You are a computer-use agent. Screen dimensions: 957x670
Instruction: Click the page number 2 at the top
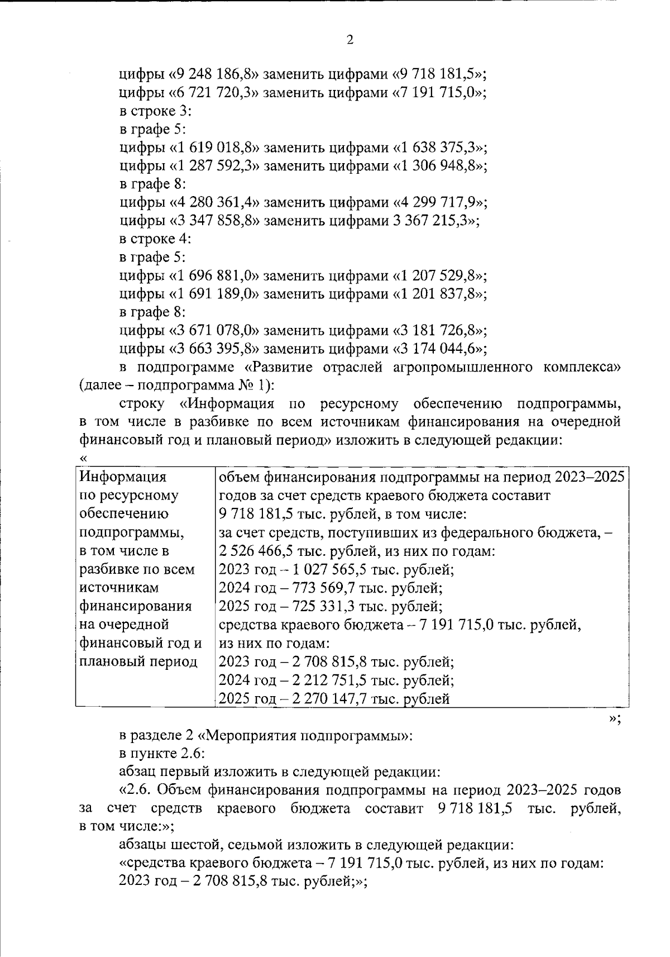click(x=350, y=40)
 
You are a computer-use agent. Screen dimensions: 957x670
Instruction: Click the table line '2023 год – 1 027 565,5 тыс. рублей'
click(x=336, y=570)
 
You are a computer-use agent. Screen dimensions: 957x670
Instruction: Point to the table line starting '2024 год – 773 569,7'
click(x=331, y=588)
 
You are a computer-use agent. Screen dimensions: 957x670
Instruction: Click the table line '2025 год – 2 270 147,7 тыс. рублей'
click(x=334, y=698)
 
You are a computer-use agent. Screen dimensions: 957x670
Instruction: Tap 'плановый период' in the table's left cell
click(x=138, y=662)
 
